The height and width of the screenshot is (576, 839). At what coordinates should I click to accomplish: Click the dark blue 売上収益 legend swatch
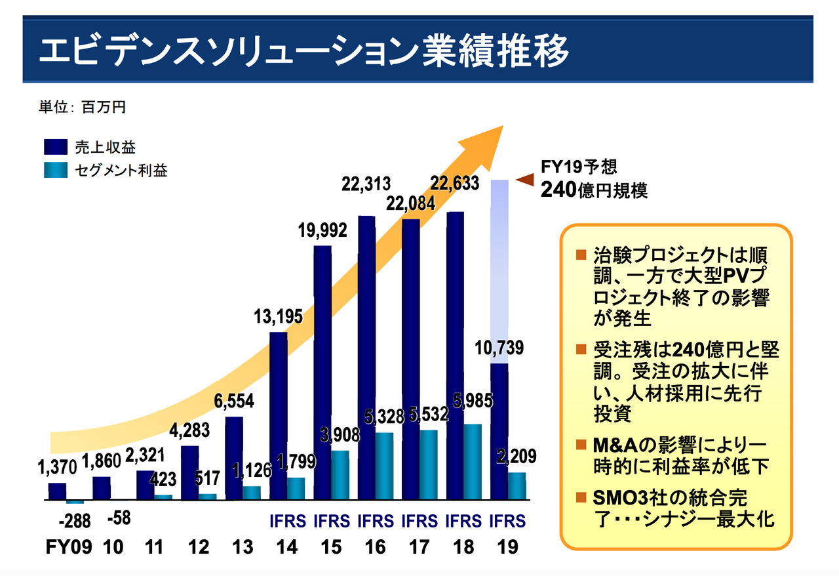coord(56,148)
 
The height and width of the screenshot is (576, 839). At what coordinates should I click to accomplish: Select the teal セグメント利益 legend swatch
coord(56,171)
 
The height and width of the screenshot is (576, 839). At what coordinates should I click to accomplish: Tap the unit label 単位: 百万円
coord(82,108)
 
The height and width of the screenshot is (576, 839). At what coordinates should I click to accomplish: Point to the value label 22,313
coord(366,185)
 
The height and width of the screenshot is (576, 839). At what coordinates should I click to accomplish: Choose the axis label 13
coord(243,547)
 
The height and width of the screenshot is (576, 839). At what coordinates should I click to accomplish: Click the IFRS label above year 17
coord(419,522)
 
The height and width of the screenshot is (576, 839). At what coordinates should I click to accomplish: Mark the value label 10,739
coord(500,348)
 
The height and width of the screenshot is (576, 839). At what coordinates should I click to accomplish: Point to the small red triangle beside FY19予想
coord(525,178)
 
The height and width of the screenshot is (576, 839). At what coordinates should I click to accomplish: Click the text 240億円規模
coord(594,191)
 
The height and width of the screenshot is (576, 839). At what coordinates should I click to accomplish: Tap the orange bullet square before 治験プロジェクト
coord(580,254)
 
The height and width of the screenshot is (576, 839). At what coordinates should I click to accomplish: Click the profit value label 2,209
coord(518,456)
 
